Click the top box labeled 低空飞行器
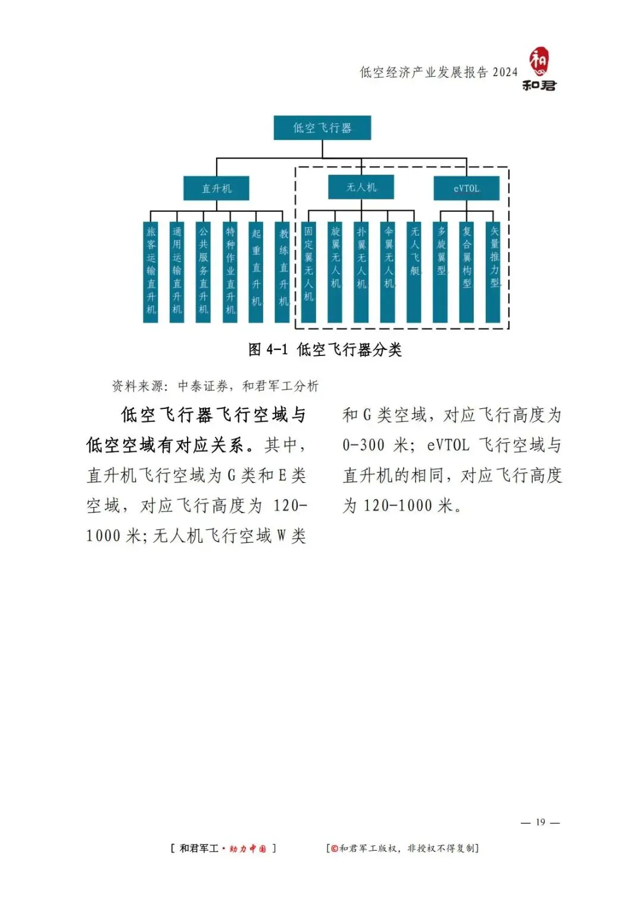click(322, 128)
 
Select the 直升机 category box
click(216, 189)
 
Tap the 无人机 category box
click(361, 187)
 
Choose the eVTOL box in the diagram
click(466, 189)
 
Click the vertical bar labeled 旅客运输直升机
click(151, 272)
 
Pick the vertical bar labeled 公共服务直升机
click(203, 272)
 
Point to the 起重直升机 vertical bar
click(256, 272)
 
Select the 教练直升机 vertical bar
click(283, 272)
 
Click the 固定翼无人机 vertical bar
click(308, 272)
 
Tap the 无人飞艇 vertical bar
click(414, 272)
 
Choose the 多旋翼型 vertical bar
click(441, 272)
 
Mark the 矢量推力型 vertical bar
click(494, 272)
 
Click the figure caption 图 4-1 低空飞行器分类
click(325, 349)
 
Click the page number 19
click(541, 822)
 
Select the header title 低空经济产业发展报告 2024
click(438, 73)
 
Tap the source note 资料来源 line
click(216, 386)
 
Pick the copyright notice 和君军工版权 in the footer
click(403, 848)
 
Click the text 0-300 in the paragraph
click(364, 445)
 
